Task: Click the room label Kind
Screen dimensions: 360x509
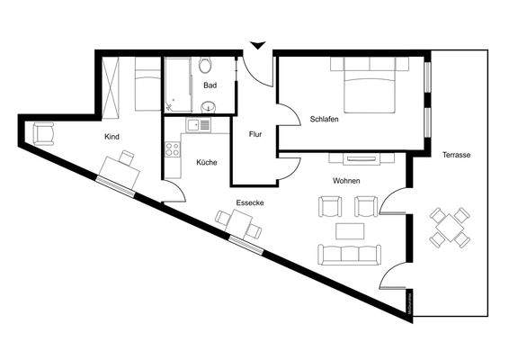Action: (x=112, y=137)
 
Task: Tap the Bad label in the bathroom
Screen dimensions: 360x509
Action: (x=210, y=85)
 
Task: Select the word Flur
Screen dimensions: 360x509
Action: (x=254, y=134)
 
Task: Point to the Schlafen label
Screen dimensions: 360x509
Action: (x=324, y=119)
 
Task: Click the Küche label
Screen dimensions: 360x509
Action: (x=206, y=163)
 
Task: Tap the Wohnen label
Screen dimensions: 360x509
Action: (x=346, y=181)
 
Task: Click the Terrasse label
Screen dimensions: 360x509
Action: (x=456, y=155)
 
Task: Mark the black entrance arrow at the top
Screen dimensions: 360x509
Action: (x=257, y=44)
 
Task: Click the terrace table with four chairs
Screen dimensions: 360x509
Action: (x=448, y=227)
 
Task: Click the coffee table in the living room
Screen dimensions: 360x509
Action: (x=350, y=230)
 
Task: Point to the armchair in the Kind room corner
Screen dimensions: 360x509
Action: (x=42, y=133)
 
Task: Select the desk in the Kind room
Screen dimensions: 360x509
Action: (x=118, y=170)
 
